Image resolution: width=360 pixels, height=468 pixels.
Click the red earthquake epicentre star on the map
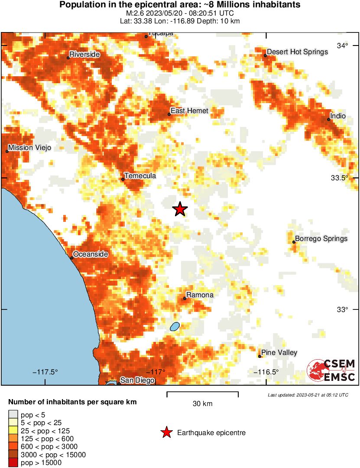[x=180, y=209]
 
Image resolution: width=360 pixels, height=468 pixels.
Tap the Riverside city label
[x=84, y=55]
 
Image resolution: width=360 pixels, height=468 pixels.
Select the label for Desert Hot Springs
[x=297, y=52]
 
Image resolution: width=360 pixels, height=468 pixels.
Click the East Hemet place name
[x=189, y=111]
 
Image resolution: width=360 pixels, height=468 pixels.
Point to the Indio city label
[x=338, y=116]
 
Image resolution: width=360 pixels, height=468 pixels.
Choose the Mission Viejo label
[x=29, y=148]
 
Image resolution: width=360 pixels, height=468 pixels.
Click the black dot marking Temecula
[x=123, y=179]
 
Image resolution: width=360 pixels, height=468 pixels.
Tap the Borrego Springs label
[x=321, y=239]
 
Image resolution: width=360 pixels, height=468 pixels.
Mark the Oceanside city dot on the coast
[x=72, y=258]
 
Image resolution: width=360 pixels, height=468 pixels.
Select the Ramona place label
[x=200, y=295]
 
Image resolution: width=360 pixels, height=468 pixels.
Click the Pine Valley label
[x=279, y=353]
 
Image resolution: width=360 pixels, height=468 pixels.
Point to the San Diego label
[x=137, y=380]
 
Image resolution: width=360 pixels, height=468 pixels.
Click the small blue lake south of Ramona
[x=175, y=326]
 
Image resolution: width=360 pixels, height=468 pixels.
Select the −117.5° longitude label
[x=45, y=372]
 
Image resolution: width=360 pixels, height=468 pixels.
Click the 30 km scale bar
[x=202, y=394]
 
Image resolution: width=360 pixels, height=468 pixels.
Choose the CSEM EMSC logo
[x=331, y=370]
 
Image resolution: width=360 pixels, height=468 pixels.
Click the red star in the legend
[x=166, y=432]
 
